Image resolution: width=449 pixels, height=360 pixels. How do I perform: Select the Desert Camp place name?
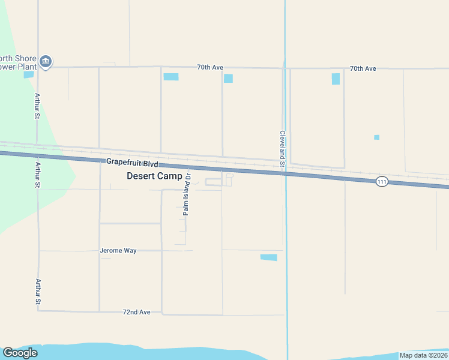154,176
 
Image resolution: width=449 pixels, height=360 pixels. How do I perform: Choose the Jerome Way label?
118,250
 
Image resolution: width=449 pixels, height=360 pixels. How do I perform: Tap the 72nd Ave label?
136,312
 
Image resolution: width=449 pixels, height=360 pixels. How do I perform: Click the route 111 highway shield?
382,181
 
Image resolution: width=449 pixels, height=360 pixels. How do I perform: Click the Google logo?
20,353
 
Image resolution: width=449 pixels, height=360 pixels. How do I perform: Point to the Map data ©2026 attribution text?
423,355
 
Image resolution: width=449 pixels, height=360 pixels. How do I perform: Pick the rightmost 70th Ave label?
363,68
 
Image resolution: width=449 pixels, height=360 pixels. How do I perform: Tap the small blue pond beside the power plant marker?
28,74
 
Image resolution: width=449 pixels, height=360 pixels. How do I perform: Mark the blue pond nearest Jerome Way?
268,257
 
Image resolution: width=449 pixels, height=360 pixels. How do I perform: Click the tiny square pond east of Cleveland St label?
376,137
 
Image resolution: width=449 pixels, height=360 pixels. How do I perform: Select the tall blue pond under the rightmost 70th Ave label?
336,79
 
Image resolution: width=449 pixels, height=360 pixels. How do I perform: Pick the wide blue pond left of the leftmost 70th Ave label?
171,77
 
